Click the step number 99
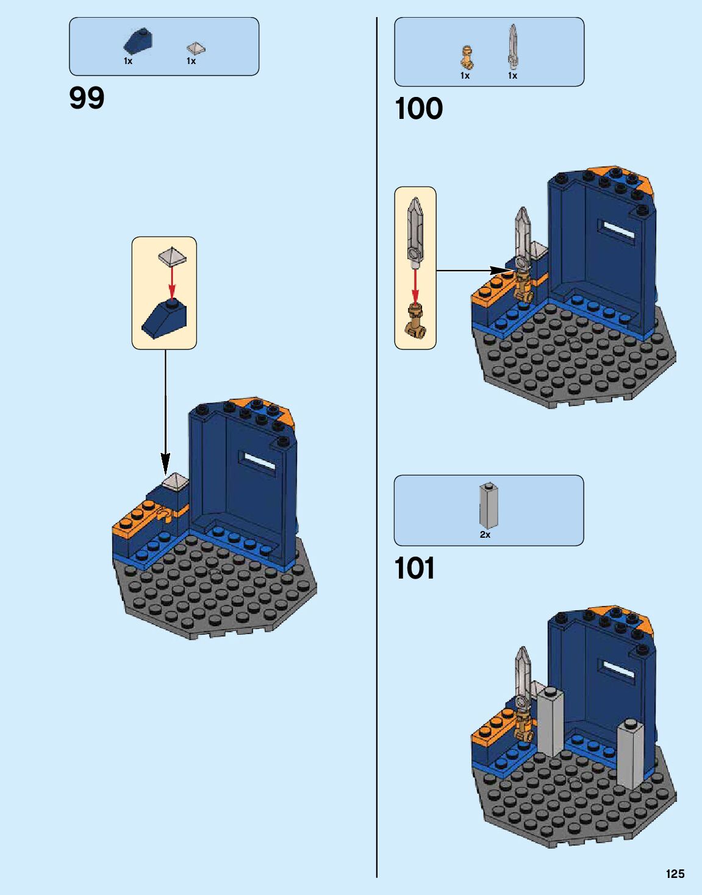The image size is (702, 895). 87,98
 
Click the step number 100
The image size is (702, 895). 418,109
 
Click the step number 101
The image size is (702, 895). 415,568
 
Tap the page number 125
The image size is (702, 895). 675,874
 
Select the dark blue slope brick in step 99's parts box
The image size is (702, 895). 138,41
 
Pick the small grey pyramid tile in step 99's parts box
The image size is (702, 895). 195,48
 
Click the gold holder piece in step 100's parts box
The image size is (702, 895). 467,57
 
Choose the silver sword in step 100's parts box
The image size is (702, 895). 513,46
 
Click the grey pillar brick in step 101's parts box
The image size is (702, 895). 487,505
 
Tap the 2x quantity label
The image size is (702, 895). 485,534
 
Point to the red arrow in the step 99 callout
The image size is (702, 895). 172,282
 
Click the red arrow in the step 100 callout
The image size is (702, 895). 415,285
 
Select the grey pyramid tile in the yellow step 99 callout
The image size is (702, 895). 172,256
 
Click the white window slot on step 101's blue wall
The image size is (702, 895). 618,670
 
